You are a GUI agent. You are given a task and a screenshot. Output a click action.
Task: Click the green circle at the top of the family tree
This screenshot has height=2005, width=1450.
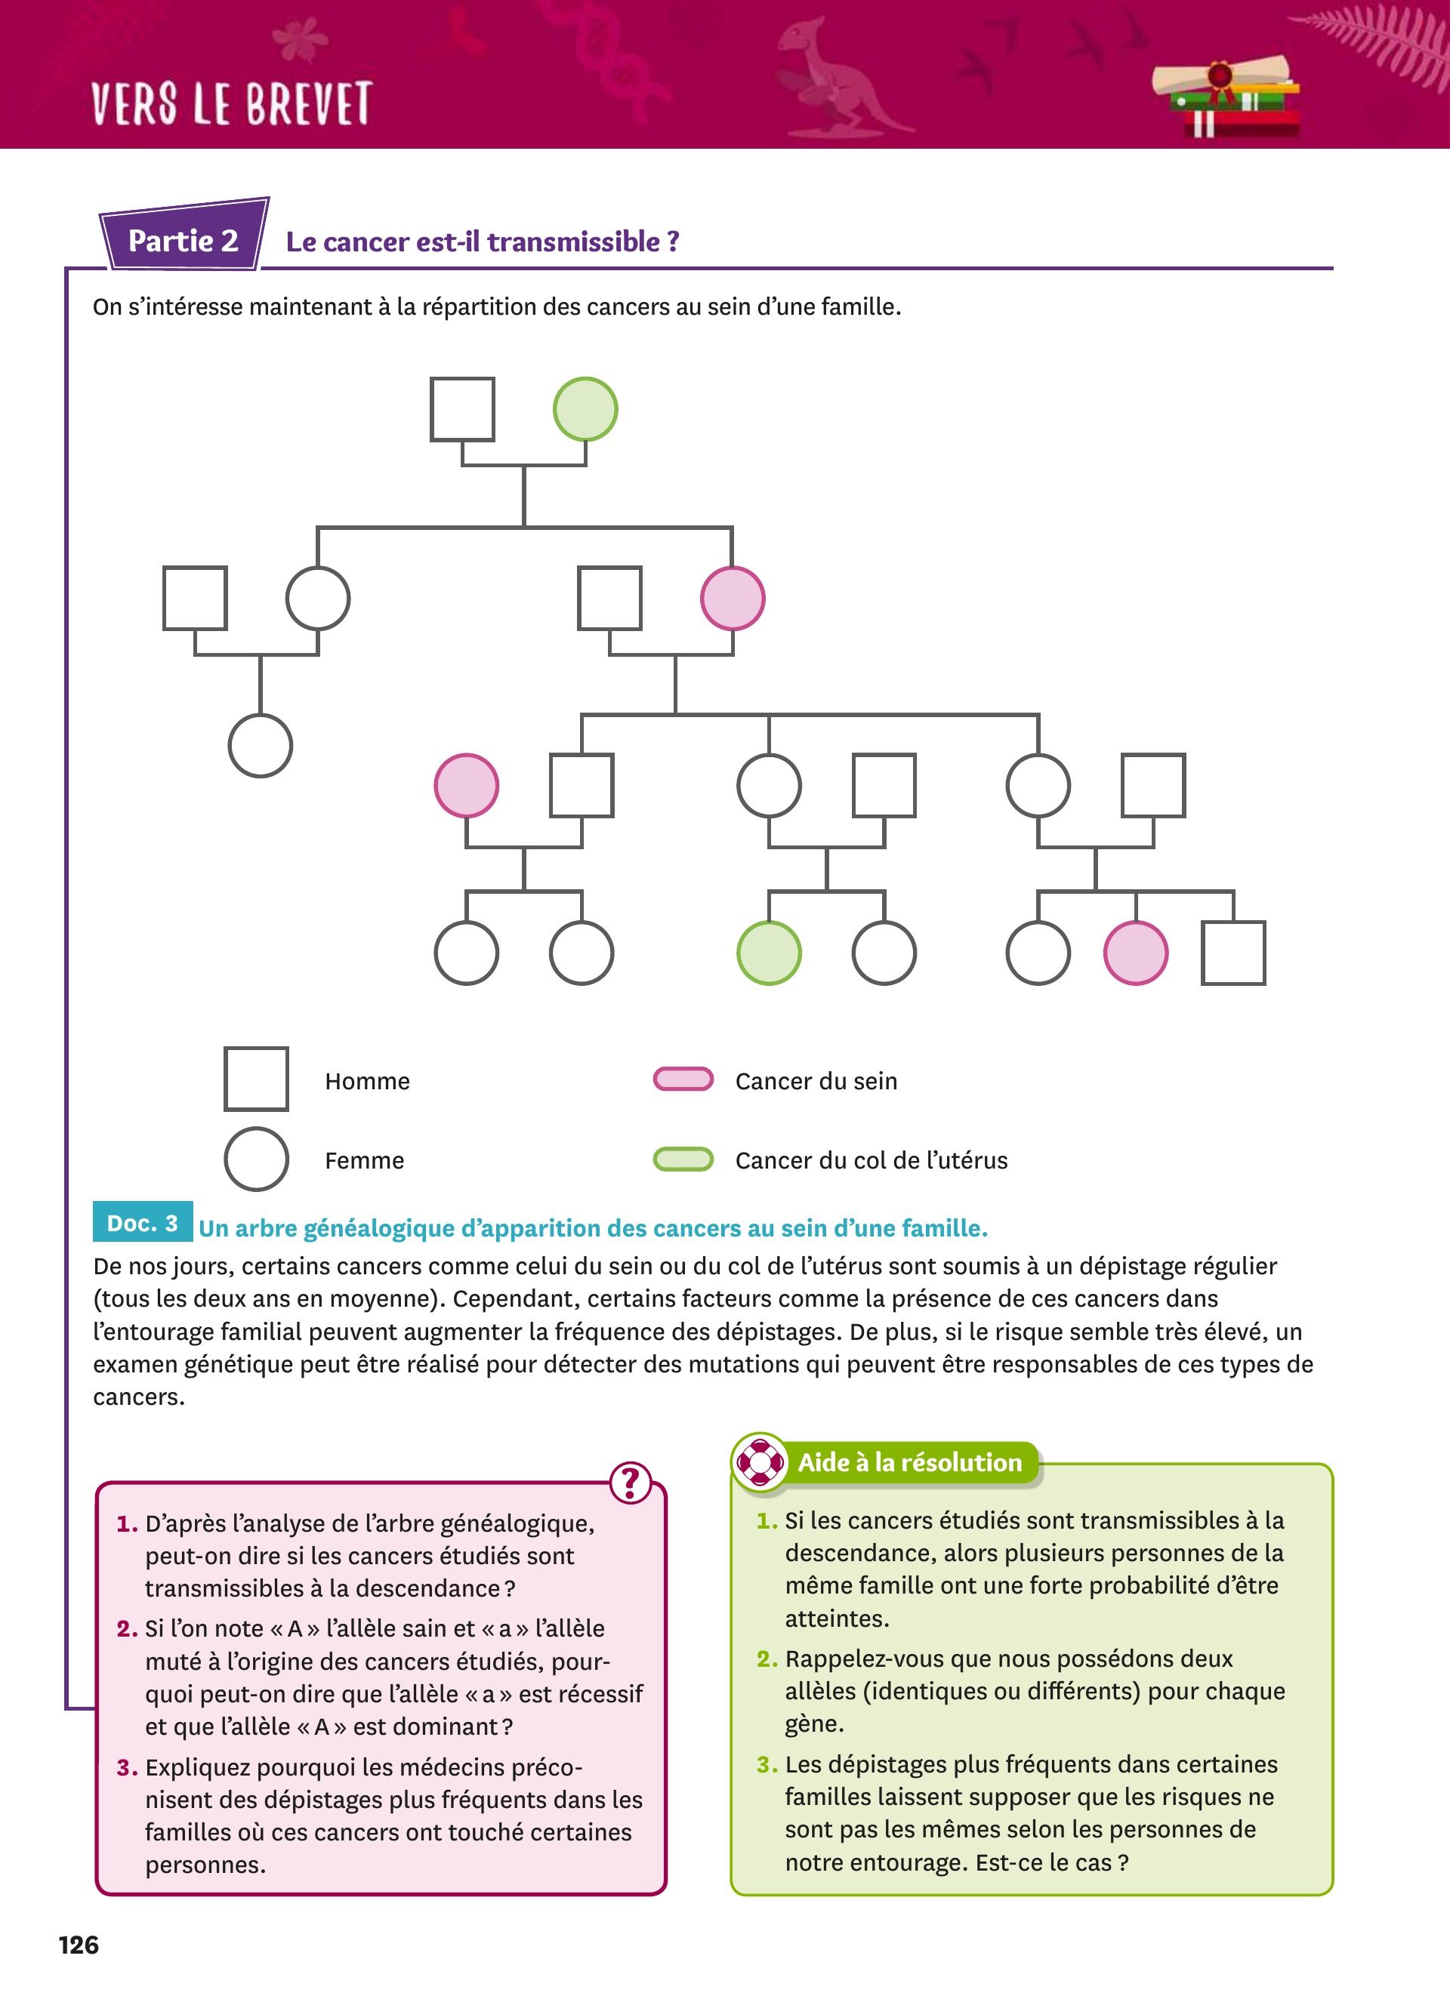(585, 409)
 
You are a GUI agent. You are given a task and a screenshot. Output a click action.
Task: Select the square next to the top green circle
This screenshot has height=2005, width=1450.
(462, 409)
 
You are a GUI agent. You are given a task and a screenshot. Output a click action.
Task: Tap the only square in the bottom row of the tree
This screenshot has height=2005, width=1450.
(1232, 953)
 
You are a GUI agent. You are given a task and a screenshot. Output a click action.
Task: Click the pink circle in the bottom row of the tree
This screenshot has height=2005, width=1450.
(1135, 953)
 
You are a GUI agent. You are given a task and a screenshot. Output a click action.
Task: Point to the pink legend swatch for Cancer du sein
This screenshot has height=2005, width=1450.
(683, 1079)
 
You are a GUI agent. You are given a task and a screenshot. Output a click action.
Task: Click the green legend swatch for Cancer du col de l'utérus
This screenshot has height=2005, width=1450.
(683, 1159)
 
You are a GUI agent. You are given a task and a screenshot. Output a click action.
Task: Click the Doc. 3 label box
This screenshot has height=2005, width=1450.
(142, 1224)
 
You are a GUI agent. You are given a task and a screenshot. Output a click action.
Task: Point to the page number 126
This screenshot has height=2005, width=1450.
(79, 1945)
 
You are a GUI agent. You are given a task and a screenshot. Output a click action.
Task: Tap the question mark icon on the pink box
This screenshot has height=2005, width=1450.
(631, 1483)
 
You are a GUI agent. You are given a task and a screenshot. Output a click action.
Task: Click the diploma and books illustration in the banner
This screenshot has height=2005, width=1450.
(1227, 97)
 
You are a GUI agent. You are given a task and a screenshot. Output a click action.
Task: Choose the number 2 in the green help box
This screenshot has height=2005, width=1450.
(767, 1659)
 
